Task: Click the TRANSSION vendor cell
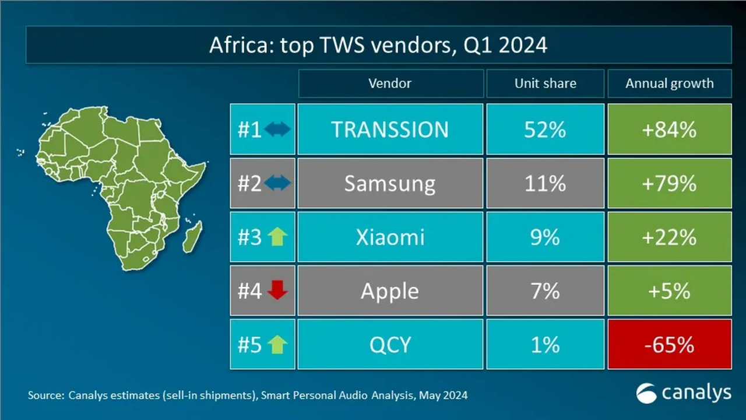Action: point(390,129)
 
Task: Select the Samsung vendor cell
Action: point(390,184)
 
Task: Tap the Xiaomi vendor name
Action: point(390,237)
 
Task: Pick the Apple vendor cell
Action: point(390,291)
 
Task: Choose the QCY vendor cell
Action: point(390,345)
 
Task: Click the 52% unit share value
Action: point(545,129)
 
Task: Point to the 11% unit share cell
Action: point(545,184)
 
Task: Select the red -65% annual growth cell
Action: point(669,345)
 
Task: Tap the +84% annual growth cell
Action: point(669,129)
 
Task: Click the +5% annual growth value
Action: point(669,291)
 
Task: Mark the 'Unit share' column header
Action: point(545,83)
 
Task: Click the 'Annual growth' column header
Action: point(669,83)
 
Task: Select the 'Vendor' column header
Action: point(390,83)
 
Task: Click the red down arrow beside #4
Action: point(277,290)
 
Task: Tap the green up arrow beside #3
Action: point(277,236)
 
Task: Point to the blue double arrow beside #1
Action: point(277,129)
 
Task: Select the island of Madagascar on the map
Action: point(193,236)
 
